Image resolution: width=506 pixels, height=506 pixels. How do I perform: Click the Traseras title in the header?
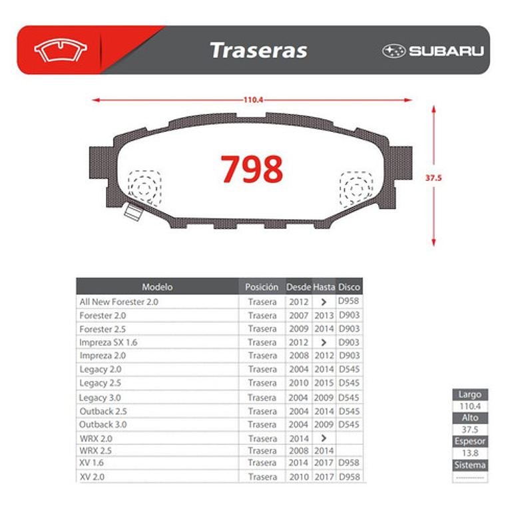258,51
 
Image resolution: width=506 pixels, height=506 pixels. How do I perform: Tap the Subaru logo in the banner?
433,51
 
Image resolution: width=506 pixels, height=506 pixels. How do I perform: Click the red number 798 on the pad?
252,169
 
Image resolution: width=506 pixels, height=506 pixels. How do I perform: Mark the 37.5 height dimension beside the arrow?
433,178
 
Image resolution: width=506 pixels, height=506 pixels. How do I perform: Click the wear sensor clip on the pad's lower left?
133,212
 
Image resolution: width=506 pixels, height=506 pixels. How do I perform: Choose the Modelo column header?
157,287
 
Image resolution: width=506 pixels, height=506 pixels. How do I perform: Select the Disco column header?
349,287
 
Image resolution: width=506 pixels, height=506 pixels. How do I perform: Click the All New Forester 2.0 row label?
119,302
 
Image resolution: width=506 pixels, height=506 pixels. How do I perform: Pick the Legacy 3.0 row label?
101,397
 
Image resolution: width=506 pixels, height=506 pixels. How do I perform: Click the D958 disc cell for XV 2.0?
349,477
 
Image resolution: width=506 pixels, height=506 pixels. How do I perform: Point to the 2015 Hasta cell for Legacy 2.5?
324,383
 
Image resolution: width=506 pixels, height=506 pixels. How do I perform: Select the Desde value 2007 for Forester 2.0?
299,316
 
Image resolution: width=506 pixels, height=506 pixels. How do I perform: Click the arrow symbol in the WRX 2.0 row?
324,438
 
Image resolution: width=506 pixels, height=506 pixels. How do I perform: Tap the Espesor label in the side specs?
470,441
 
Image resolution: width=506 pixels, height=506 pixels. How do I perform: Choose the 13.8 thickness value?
470,453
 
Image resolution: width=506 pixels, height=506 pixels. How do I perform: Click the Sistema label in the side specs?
470,465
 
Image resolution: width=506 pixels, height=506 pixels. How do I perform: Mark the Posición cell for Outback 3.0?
262,424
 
